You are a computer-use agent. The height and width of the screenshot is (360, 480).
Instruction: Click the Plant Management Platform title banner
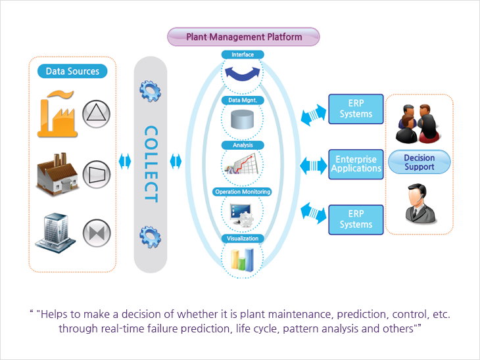click(x=243, y=37)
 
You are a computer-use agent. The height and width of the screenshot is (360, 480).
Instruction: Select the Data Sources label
click(x=72, y=71)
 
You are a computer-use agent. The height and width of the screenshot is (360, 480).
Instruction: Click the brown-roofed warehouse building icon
click(x=57, y=173)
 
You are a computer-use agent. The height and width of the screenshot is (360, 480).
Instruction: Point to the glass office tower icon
click(x=55, y=233)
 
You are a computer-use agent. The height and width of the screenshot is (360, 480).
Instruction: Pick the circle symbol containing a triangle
click(x=97, y=114)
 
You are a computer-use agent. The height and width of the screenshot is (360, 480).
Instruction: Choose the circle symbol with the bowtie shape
click(x=97, y=233)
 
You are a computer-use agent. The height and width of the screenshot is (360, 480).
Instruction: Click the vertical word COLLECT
click(x=151, y=164)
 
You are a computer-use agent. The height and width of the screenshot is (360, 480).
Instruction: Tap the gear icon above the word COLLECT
click(x=150, y=91)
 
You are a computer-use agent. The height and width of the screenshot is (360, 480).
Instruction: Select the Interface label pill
click(x=243, y=55)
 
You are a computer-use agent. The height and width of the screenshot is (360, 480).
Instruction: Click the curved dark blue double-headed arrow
click(x=243, y=74)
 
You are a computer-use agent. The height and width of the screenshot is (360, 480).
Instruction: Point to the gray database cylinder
click(x=242, y=120)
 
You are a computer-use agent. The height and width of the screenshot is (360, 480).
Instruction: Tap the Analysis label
click(x=243, y=145)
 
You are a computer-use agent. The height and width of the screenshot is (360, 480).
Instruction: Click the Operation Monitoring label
click(x=243, y=192)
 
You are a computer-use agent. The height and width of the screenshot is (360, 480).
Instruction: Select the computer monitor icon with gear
click(x=242, y=215)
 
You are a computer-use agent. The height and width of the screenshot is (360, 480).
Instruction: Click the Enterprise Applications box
click(x=356, y=164)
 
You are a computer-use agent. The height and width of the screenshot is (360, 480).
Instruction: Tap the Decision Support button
click(x=420, y=162)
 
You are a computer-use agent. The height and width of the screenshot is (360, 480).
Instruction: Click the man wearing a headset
click(x=420, y=204)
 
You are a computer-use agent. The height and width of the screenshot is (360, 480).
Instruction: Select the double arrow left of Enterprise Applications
click(x=313, y=166)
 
